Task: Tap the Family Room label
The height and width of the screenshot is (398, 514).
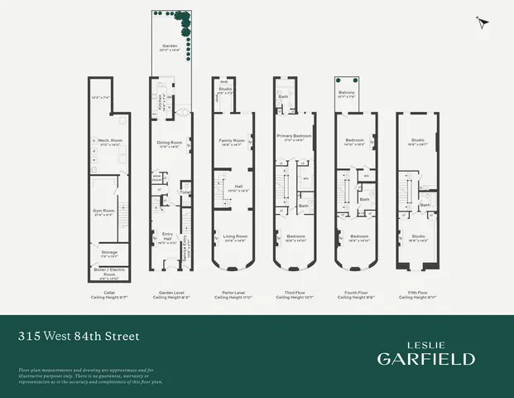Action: coord(231,140)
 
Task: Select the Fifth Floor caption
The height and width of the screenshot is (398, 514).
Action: coord(411,293)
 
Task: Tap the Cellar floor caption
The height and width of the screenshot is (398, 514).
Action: coord(108,293)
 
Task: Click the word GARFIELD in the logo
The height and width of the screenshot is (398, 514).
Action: coord(426,358)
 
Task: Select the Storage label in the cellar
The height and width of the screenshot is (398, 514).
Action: coord(109,251)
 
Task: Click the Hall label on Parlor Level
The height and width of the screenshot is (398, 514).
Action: coord(237,186)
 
